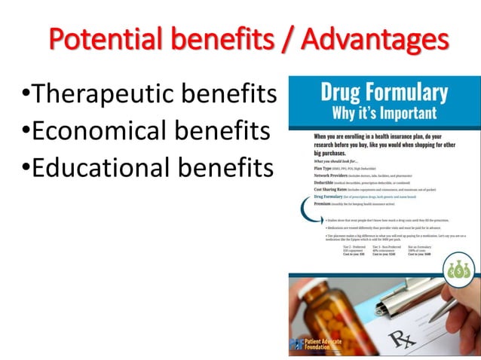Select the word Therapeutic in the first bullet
(106, 95)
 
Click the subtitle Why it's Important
(383, 114)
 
